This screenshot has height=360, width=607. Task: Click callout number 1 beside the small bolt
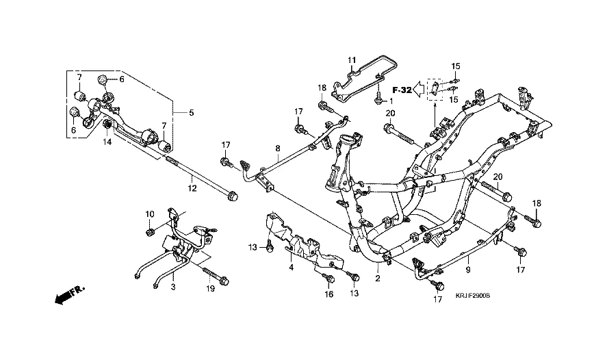pos(391,100)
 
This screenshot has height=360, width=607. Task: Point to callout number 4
pos(291,267)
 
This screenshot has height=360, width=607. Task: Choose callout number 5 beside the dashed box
pos(192,112)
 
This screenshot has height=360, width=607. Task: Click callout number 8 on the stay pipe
pos(279,148)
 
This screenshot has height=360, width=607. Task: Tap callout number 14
pos(107,142)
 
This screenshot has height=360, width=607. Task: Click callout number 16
pos(328,294)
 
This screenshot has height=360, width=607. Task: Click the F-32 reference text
pos(402,90)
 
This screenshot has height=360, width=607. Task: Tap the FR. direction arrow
pos(66,296)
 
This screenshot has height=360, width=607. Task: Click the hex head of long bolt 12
pos(233,197)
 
